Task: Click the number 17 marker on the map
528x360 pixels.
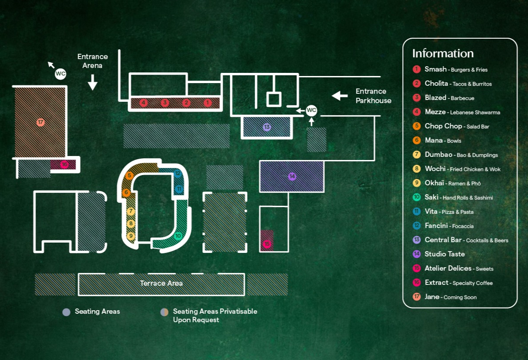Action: pyautogui.click(x=40, y=122)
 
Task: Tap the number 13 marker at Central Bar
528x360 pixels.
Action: pyautogui.click(x=267, y=127)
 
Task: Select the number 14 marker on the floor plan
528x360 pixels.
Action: pyautogui.click(x=292, y=176)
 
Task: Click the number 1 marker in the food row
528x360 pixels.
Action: pyautogui.click(x=208, y=103)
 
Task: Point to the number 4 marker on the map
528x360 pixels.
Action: pyautogui.click(x=144, y=103)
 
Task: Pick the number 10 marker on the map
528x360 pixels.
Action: pyautogui.click(x=178, y=236)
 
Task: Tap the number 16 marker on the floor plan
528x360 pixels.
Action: pyautogui.click(x=64, y=164)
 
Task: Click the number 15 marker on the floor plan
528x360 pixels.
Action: pyautogui.click(x=267, y=244)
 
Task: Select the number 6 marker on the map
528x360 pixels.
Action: pyautogui.click(x=126, y=193)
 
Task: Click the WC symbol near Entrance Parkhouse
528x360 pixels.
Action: pyautogui.click(x=312, y=110)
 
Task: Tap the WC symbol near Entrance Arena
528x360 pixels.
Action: pyautogui.click(x=60, y=74)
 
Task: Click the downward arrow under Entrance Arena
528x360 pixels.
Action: pyautogui.click(x=92, y=82)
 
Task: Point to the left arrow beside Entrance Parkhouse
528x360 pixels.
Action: pyautogui.click(x=340, y=96)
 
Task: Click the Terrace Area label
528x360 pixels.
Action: pyautogui.click(x=161, y=283)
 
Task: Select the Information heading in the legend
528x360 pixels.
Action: pyautogui.click(x=443, y=53)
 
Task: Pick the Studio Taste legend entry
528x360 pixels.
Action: pyautogui.click(x=444, y=254)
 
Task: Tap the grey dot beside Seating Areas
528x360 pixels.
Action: pyautogui.click(x=67, y=312)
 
